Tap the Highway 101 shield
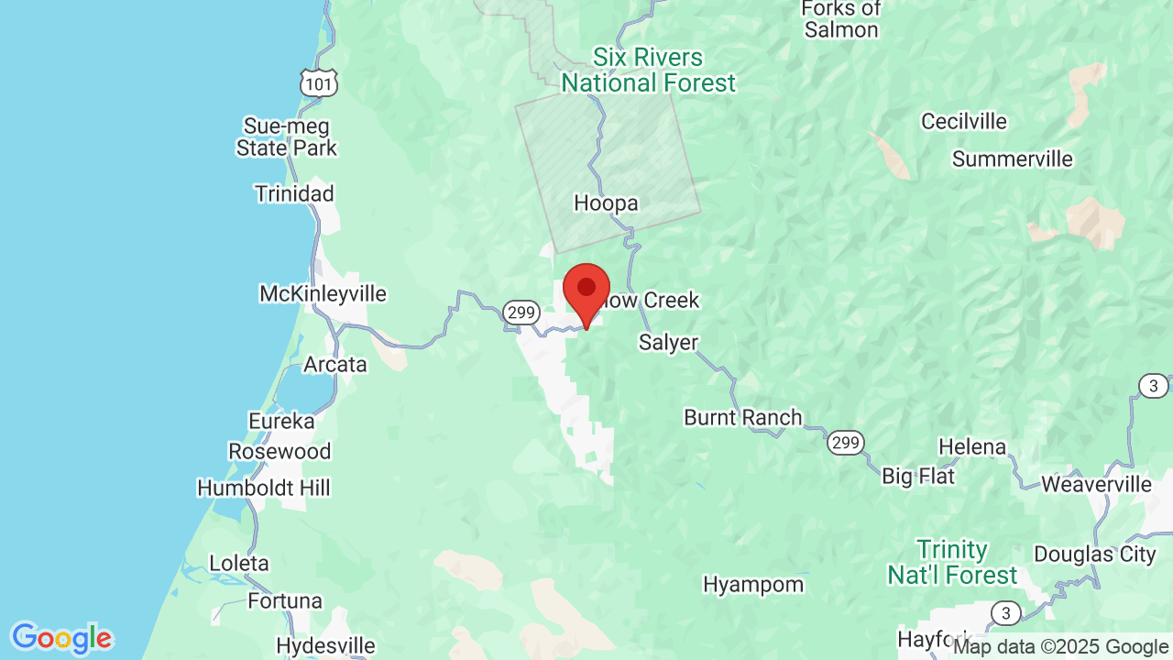point(319,84)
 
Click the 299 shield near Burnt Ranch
point(845,444)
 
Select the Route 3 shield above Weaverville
point(1154,386)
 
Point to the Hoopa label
point(606,203)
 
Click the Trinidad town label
point(294,193)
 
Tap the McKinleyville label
point(323,294)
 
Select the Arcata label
point(335,364)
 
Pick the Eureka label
point(282,421)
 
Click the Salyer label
point(668,343)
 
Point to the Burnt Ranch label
point(743,417)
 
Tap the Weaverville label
point(1097,483)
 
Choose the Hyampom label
point(753,584)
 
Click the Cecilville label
point(964,121)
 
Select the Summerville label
point(1013,159)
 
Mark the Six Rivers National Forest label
point(648,70)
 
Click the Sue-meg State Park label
point(287,137)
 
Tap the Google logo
point(61,638)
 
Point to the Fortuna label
point(285,601)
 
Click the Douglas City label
point(1095,554)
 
